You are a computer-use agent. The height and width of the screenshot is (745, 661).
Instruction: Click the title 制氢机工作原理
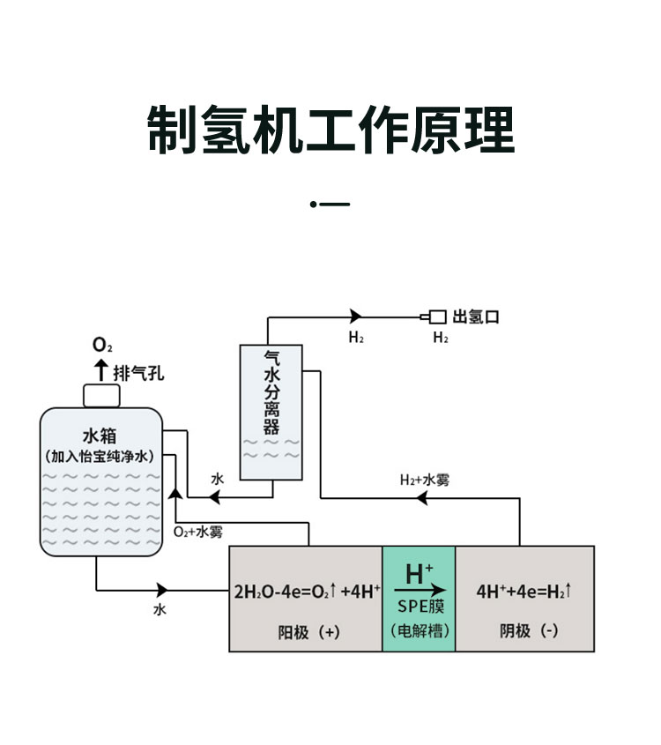point(330,131)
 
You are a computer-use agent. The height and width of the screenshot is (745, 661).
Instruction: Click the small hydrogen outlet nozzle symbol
point(434,317)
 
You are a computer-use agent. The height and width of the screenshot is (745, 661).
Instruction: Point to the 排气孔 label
point(138,372)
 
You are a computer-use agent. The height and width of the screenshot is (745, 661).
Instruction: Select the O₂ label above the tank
point(102,345)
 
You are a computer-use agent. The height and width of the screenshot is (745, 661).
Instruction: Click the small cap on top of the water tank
point(101,395)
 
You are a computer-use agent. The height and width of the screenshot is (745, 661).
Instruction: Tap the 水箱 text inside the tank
point(100,436)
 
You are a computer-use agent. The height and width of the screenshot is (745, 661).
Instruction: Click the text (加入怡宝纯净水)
point(100,457)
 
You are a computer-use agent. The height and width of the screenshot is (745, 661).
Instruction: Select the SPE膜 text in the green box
point(420,607)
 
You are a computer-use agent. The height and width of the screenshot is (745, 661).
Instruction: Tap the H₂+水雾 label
point(427,480)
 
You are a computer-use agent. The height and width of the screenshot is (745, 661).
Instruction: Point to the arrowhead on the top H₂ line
point(356,317)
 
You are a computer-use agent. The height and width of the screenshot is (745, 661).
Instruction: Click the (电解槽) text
point(420,631)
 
